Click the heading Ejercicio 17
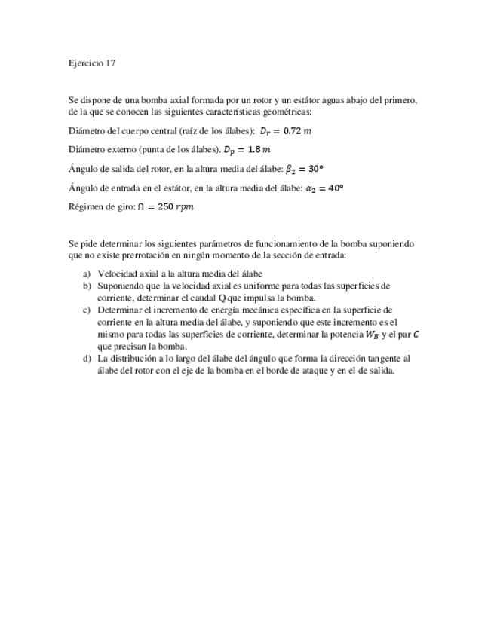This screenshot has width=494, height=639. click(x=92, y=64)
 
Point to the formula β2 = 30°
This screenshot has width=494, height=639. click(x=304, y=169)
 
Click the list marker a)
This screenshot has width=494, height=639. click(x=87, y=274)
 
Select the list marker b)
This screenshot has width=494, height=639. click(x=87, y=286)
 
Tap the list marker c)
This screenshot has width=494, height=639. click(x=87, y=310)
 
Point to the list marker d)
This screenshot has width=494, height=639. click(x=87, y=359)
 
